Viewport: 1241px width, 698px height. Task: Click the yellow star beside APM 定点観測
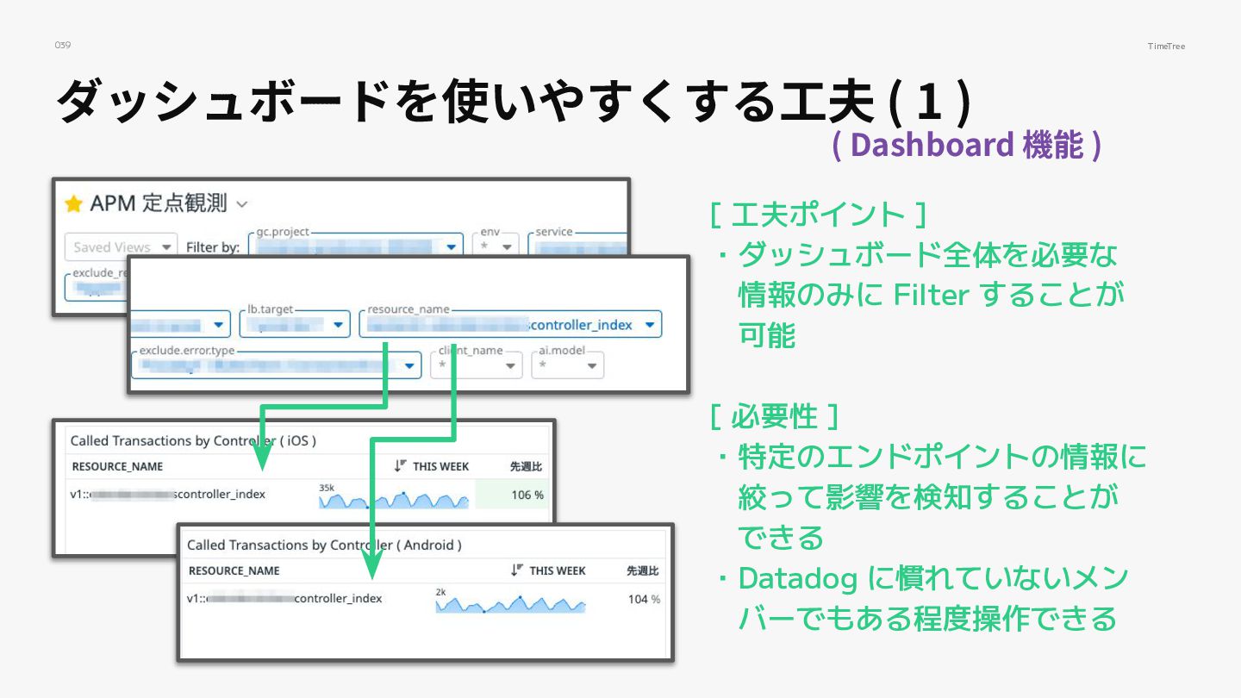coord(74,204)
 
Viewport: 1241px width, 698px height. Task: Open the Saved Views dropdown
coord(121,247)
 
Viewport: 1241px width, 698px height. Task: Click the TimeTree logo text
coord(1166,46)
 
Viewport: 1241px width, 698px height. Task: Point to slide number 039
coord(62,45)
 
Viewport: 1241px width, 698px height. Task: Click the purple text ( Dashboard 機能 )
coord(966,145)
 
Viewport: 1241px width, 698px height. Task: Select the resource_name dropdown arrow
coord(649,326)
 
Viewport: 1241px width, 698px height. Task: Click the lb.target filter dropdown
coord(293,326)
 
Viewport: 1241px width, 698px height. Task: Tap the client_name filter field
coord(476,365)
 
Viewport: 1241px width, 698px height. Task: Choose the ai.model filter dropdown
coord(567,365)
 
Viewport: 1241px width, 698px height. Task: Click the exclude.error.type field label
coord(186,352)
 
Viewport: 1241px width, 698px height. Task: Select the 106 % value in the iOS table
coord(527,495)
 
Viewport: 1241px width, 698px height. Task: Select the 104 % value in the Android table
coord(644,599)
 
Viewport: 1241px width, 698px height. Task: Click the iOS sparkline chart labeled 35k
coord(394,499)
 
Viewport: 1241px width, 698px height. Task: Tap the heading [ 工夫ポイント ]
coord(818,215)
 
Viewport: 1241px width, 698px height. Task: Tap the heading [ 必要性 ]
coord(774,417)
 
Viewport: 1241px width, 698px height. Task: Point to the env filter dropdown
coord(499,246)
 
